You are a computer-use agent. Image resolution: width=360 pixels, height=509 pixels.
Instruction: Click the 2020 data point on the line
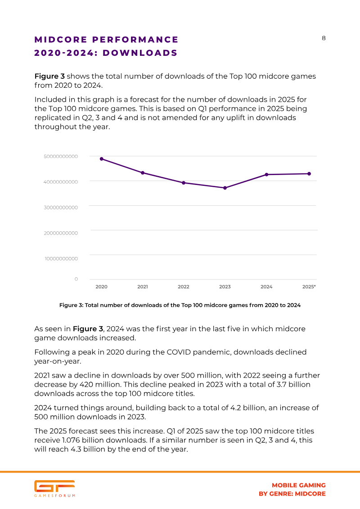pyautogui.click(x=102, y=159)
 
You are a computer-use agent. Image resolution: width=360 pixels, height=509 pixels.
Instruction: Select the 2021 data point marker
pyautogui.click(x=143, y=173)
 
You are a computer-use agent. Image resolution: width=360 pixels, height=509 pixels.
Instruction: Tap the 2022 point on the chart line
pyautogui.click(x=184, y=183)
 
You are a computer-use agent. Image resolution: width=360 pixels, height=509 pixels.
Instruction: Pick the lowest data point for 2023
pyautogui.click(x=225, y=188)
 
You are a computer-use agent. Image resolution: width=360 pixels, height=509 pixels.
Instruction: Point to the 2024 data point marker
pyautogui.click(x=266, y=175)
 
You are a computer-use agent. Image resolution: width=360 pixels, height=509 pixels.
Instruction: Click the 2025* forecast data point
pyautogui.click(x=309, y=174)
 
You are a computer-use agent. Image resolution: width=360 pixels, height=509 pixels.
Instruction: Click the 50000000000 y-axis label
pyautogui.click(x=61, y=157)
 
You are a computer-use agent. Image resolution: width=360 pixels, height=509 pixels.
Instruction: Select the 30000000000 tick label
pyautogui.click(x=61, y=207)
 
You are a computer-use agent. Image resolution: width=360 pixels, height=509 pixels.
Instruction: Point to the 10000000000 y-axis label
pyautogui.click(x=61, y=259)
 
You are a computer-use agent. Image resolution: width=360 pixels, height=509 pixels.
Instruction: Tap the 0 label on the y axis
pyautogui.click(x=76, y=279)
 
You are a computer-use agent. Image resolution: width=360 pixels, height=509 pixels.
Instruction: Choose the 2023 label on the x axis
pyautogui.click(x=225, y=287)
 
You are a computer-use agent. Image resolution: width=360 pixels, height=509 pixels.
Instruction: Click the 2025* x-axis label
pyautogui.click(x=309, y=287)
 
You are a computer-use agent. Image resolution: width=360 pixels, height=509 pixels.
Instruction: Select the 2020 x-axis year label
pyautogui.click(x=102, y=287)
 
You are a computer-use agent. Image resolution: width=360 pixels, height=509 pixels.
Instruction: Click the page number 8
pyautogui.click(x=324, y=38)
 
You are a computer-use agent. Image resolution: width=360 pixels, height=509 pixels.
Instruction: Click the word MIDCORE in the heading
pyautogui.click(x=61, y=40)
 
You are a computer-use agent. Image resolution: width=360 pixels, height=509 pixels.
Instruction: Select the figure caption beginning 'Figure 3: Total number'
pyautogui.click(x=180, y=305)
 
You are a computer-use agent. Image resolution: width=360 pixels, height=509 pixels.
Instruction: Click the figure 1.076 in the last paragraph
pyautogui.click(x=71, y=440)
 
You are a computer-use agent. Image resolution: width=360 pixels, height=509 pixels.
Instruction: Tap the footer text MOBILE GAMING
pyautogui.click(x=299, y=485)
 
